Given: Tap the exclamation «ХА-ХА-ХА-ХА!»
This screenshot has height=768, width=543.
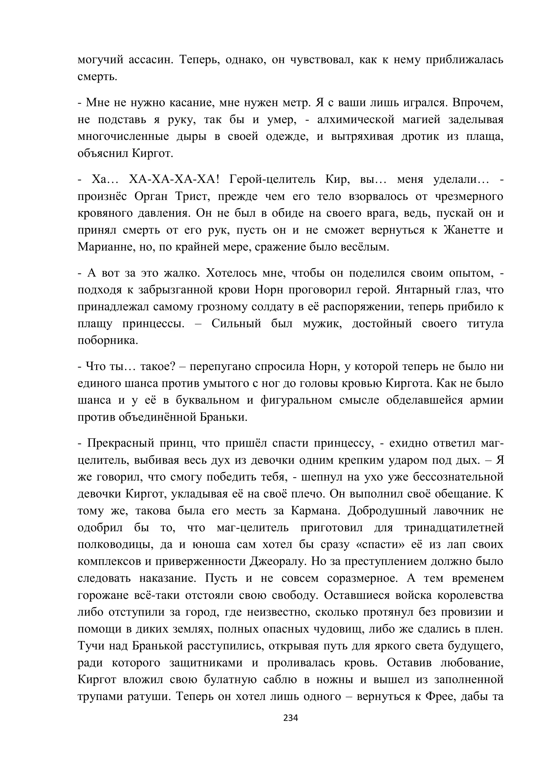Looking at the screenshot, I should (x=174, y=180).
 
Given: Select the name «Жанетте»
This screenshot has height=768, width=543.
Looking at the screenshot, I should (x=467, y=230).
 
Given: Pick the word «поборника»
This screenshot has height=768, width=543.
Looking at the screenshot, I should (x=108, y=340).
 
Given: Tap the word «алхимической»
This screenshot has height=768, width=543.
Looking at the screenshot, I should (x=356, y=120).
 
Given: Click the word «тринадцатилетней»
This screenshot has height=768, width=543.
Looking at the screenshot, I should (x=454, y=528).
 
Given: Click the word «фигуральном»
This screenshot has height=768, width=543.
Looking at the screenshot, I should (x=296, y=400).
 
